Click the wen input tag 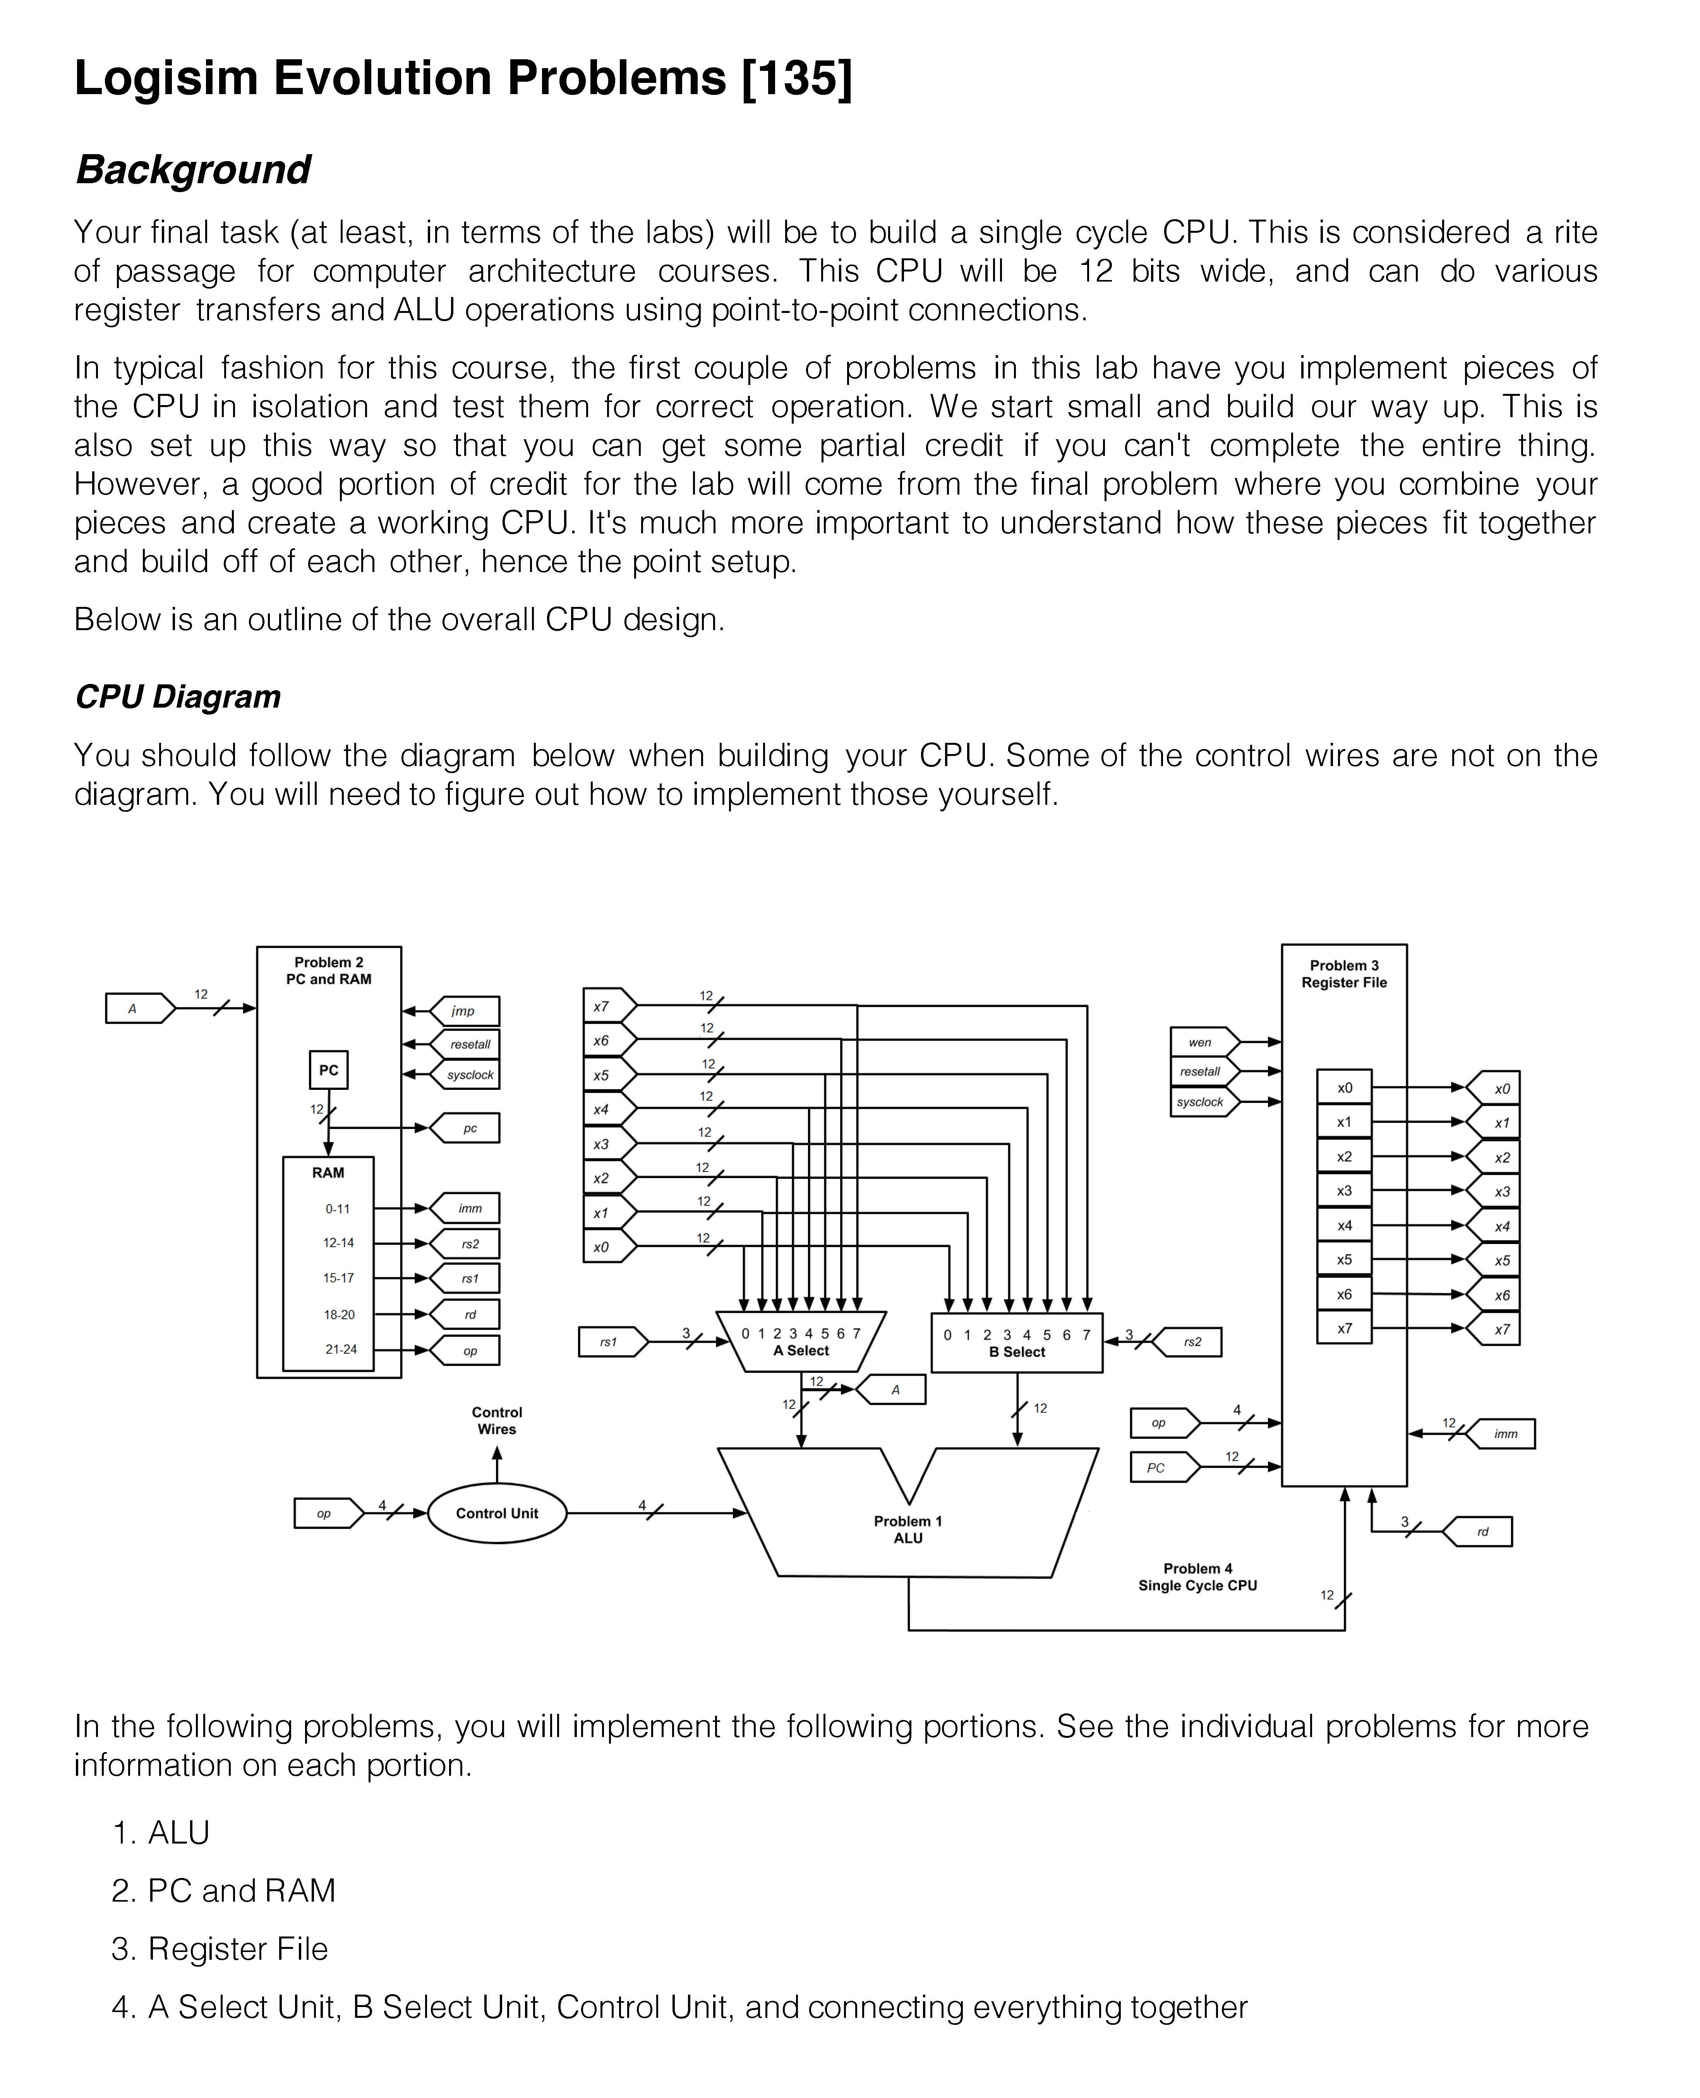tap(1202, 1042)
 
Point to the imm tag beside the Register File tap(1505, 1434)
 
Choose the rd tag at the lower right tap(1480, 1532)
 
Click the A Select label tap(801, 1351)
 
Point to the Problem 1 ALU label tap(908, 1530)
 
